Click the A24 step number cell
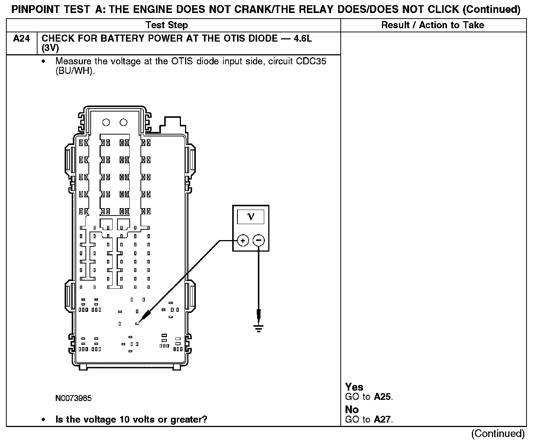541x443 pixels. point(21,39)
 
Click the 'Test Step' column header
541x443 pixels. point(167,25)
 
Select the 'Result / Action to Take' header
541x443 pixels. point(433,25)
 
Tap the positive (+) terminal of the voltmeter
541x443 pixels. point(243,241)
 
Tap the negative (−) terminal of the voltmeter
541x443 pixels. point(259,241)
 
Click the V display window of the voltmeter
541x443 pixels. point(251,217)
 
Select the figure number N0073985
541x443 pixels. point(74,398)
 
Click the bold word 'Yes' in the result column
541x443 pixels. point(354,387)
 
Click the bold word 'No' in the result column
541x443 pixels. point(352,410)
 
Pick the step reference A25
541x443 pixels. point(382,397)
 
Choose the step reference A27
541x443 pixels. point(382,420)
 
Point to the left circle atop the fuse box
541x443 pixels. point(106,122)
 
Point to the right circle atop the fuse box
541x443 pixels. point(124,122)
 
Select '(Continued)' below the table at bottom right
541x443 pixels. point(498,433)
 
